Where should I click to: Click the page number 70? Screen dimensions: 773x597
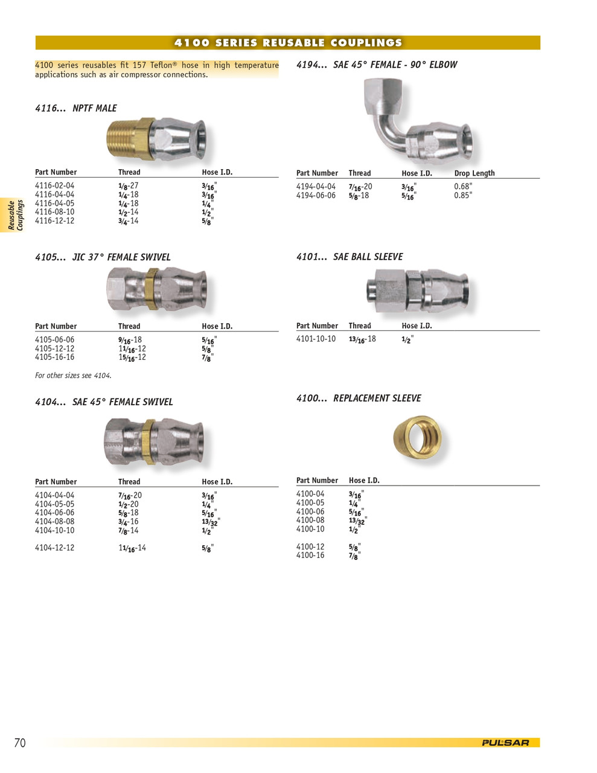coord(20,743)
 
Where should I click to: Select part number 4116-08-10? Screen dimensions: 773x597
coord(55,212)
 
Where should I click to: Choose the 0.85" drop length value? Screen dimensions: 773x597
coord(463,196)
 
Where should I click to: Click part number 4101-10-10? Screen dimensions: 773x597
coord(316,339)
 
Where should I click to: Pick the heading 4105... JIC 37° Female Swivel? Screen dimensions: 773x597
coord(103,257)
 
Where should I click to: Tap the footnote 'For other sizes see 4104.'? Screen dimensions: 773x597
coord(73,376)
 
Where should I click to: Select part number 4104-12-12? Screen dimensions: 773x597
coord(55,548)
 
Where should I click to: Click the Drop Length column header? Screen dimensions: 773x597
coord(474,173)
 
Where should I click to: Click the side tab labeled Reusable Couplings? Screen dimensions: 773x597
coord(15,216)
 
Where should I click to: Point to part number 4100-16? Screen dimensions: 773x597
coord(310,555)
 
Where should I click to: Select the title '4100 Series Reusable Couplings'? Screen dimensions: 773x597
coord(288,43)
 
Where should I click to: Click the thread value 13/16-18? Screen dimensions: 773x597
coord(362,339)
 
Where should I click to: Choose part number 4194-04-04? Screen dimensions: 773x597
coord(316,187)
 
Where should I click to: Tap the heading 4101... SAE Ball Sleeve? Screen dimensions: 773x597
coord(350,257)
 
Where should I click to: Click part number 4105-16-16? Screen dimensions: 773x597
coord(55,357)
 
